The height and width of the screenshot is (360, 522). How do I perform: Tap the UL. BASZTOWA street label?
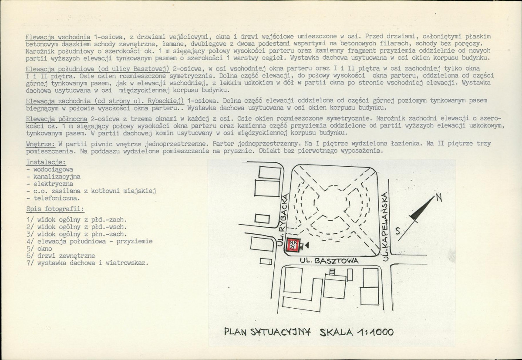tap(329, 261)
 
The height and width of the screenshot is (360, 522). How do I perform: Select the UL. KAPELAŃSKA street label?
tap(385, 226)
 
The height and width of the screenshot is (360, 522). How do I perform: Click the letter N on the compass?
tap(439, 198)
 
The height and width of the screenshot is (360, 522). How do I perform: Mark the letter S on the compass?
tap(397, 231)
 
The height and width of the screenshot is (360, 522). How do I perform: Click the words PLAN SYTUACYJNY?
tap(267, 332)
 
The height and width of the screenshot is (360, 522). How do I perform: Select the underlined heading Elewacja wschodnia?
tap(58, 37)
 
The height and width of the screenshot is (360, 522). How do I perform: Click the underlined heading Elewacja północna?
tap(57, 119)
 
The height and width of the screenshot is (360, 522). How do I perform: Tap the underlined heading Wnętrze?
tap(40, 144)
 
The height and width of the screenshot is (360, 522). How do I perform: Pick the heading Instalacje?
tap(46, 162)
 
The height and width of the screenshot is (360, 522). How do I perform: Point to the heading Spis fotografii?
tap(55, 209)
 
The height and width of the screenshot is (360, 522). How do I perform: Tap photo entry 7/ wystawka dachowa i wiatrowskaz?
tap(87, 263)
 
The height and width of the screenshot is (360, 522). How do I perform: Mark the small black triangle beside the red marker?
tap(307, 245)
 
